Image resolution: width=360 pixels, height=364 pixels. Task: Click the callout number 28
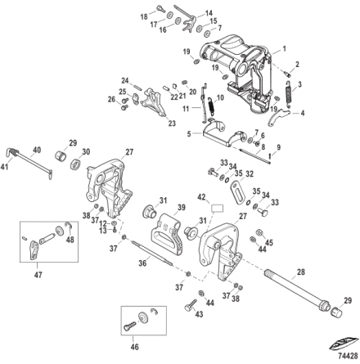pyautogui.click(x=301, y=272)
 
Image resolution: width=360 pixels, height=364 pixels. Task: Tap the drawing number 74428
pyautogui.click(x=348, y=356)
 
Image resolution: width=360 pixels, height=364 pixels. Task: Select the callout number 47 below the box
pyautogui.click(x=38, y=275)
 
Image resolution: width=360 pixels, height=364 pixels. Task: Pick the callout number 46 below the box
pyautogui.click(x=135, y=347)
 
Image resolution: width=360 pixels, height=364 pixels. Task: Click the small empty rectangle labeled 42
pyautogui.click(x=218, y=209)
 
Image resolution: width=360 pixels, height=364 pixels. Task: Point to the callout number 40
pyautogui.click(x=37, y=150)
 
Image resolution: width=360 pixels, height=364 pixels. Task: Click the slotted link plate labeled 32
pyautogui.click(x=237, y=191)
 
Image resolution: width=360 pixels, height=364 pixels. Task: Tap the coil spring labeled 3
pyautogui.click(x=289, y=92)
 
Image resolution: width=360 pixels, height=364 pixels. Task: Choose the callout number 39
pyautogui.click(x=181, y=207)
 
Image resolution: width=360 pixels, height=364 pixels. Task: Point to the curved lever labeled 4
pyautogui.click(x=277, y=117)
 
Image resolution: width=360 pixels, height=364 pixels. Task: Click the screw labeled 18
pyautogui.click(x=161, y=8)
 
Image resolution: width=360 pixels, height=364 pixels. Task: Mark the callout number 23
pyautogui.click(x=172, y=124)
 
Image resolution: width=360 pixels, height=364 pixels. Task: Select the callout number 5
pyautogui.click(x=189, y=134)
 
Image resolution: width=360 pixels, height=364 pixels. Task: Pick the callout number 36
pyautogui.click(x=142, y=263)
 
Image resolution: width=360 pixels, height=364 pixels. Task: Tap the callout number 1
pyautogui.click(x=285, y=49)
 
